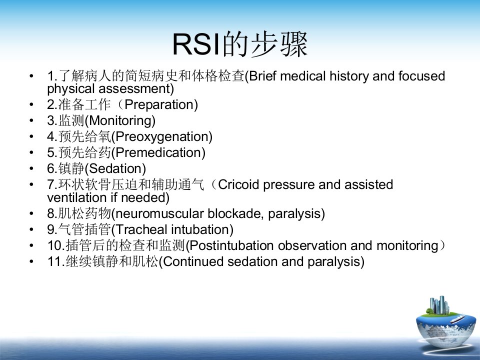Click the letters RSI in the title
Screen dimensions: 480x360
tap(196, 44)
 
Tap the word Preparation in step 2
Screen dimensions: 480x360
tap(159, 104)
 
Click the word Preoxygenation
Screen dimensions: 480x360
tap(162, 137)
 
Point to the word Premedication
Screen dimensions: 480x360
tap(158, 152)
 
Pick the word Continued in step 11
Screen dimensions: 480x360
tap(193, 261)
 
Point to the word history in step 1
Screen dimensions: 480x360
tap(349, 76)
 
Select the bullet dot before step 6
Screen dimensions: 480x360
tap(31, 168)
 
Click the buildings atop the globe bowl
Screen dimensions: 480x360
tap(439, 305)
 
